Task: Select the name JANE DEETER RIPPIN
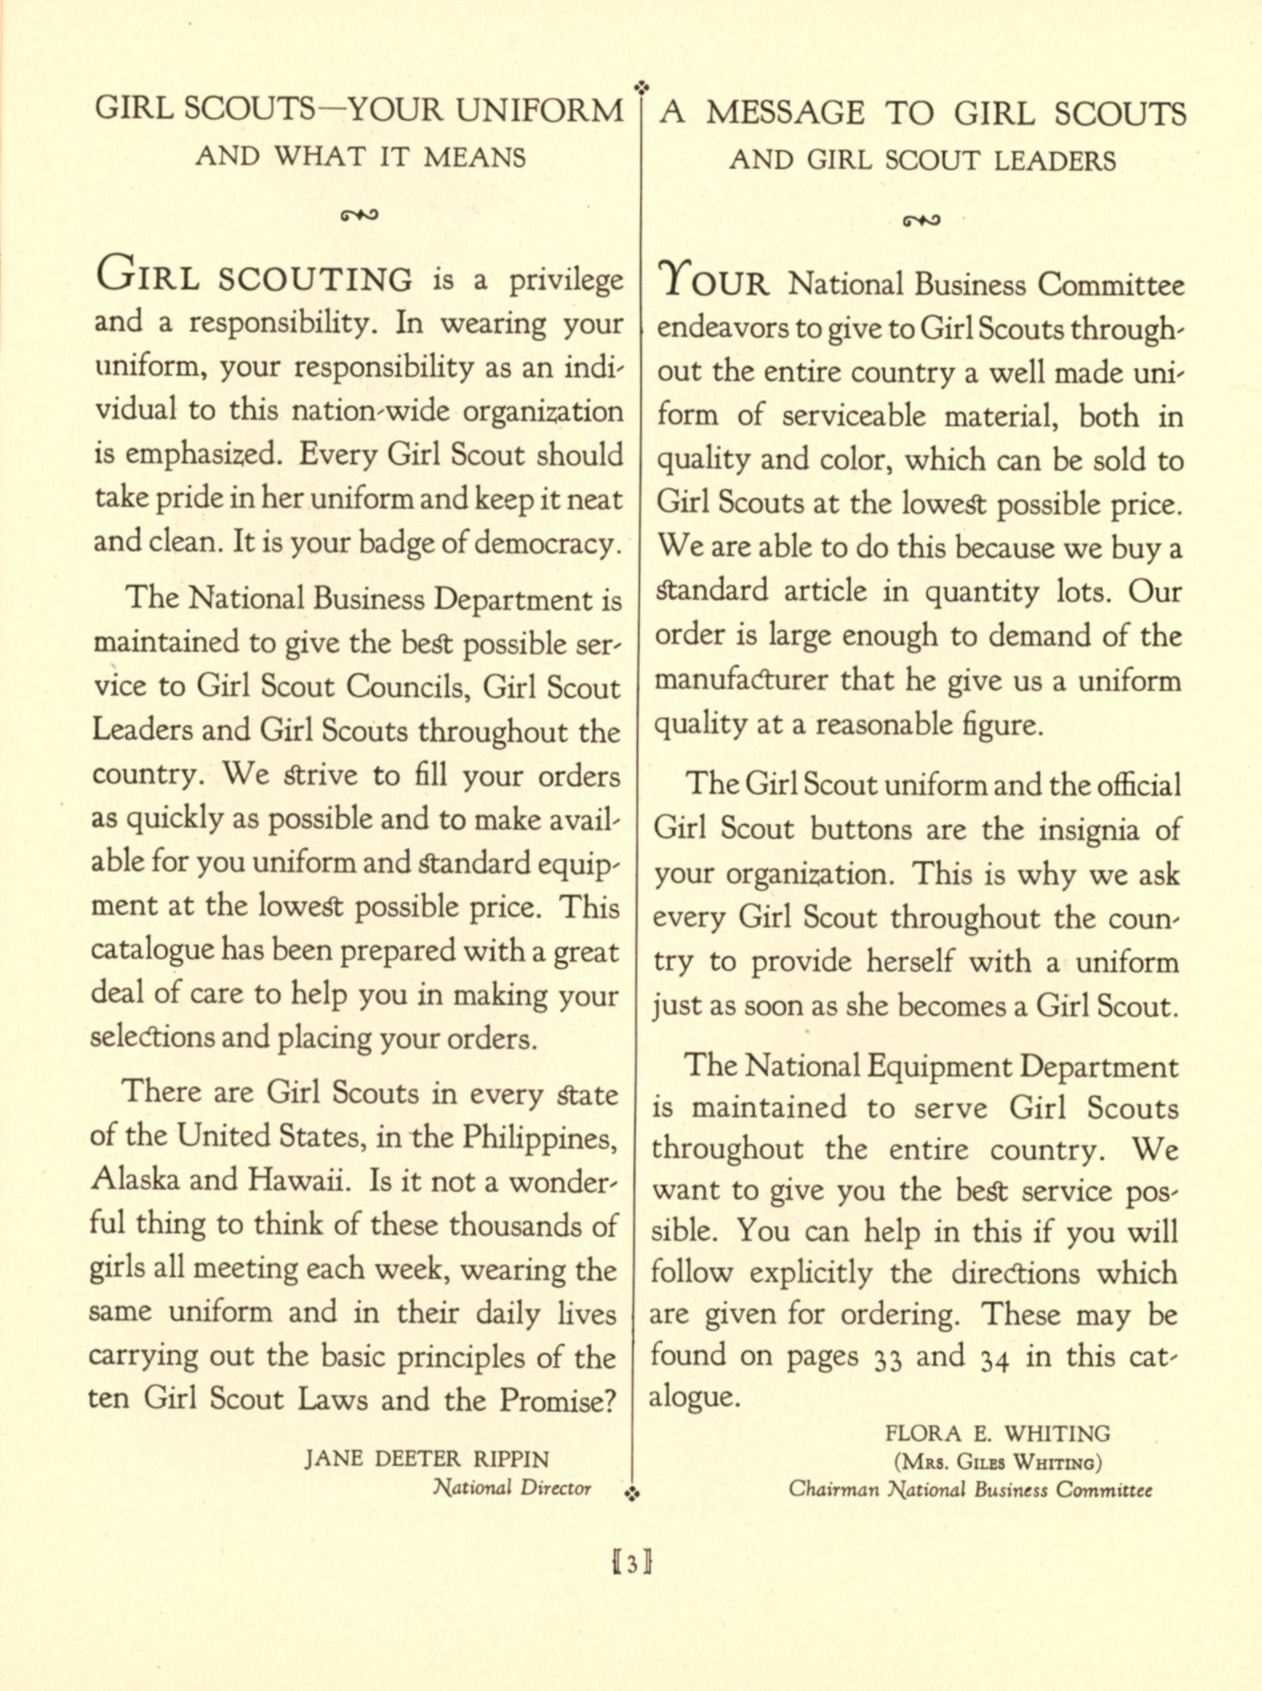click(426, 1459)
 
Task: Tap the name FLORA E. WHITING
click(998, 1432)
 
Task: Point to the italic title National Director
click(512, 1488)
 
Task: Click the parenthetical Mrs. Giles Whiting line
click(998, 1463)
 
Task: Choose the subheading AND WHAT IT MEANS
click(360, 157)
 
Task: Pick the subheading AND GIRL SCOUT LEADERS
click(922, 161)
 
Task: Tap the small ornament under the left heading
click(360, 214)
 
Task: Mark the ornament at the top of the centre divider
click(642, 86)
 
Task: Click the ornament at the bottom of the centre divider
click(633, 1493)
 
